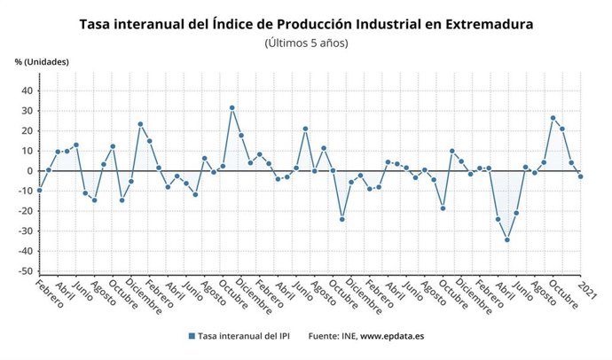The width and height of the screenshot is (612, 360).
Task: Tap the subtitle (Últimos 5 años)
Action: tap(306, 43)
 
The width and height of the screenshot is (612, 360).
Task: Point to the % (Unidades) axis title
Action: tap(42, 61)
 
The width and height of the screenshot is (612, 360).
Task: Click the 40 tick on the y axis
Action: tap(27, 90)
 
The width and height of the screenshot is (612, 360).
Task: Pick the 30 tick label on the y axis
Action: tap(27, 111)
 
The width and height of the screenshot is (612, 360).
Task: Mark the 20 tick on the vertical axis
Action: tap(27, 131)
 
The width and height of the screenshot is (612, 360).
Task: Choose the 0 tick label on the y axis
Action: tap(30, 171)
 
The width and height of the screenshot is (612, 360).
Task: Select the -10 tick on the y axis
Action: tap(26, 192)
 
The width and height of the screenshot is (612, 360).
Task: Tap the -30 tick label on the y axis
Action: tap(26, 231)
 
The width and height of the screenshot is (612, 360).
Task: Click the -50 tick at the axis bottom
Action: tap(26, 272)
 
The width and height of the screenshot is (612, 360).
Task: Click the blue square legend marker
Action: tap(192, 336)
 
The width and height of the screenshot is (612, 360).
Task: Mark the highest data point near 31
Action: tap(232, 108)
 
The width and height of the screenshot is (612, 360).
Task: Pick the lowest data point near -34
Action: tap(507, 239)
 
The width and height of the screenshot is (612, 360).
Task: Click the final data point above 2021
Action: tap(581, 176)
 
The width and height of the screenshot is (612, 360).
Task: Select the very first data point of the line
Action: tap(39, 191)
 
